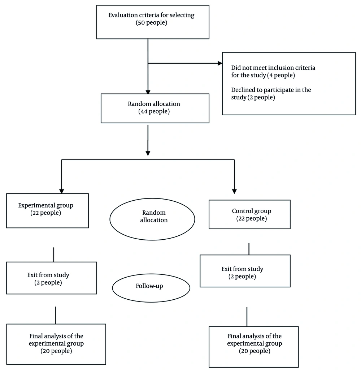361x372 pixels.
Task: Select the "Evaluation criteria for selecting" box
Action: pyautogui.click(x=153, y=22)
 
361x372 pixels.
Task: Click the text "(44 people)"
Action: pyautogui.click(x=154, y=111)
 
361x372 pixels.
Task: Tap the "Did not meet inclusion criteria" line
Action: pyautogui.click(x=273, y=68)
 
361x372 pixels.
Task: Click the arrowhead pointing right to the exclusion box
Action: pyautogui.click(x=219, y=63)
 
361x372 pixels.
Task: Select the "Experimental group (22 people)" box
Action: pyautogui.click(x=47, y=210)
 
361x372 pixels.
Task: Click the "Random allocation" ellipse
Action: pyautogui.click(x=152, y=219)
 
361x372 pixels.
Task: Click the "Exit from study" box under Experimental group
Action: pyautogui.click(x=52, y=278)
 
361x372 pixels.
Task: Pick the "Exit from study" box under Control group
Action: pyautogui.click(x=245, y=271)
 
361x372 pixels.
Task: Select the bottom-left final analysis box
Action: pyautogui.click(x=56, y=344)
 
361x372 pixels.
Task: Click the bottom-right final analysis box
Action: pyautogui.click(x=253, y=346)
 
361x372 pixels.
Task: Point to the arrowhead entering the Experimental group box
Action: pyautogui.click(x=61, y=191)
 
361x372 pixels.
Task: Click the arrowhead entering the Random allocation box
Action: pyautogui.click(x=148, y=92)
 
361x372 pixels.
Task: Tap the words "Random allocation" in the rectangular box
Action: pyautogui.click(x=154, y=104)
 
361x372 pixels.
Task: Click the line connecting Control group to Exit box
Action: pyautogui.click(x=249, y=249)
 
